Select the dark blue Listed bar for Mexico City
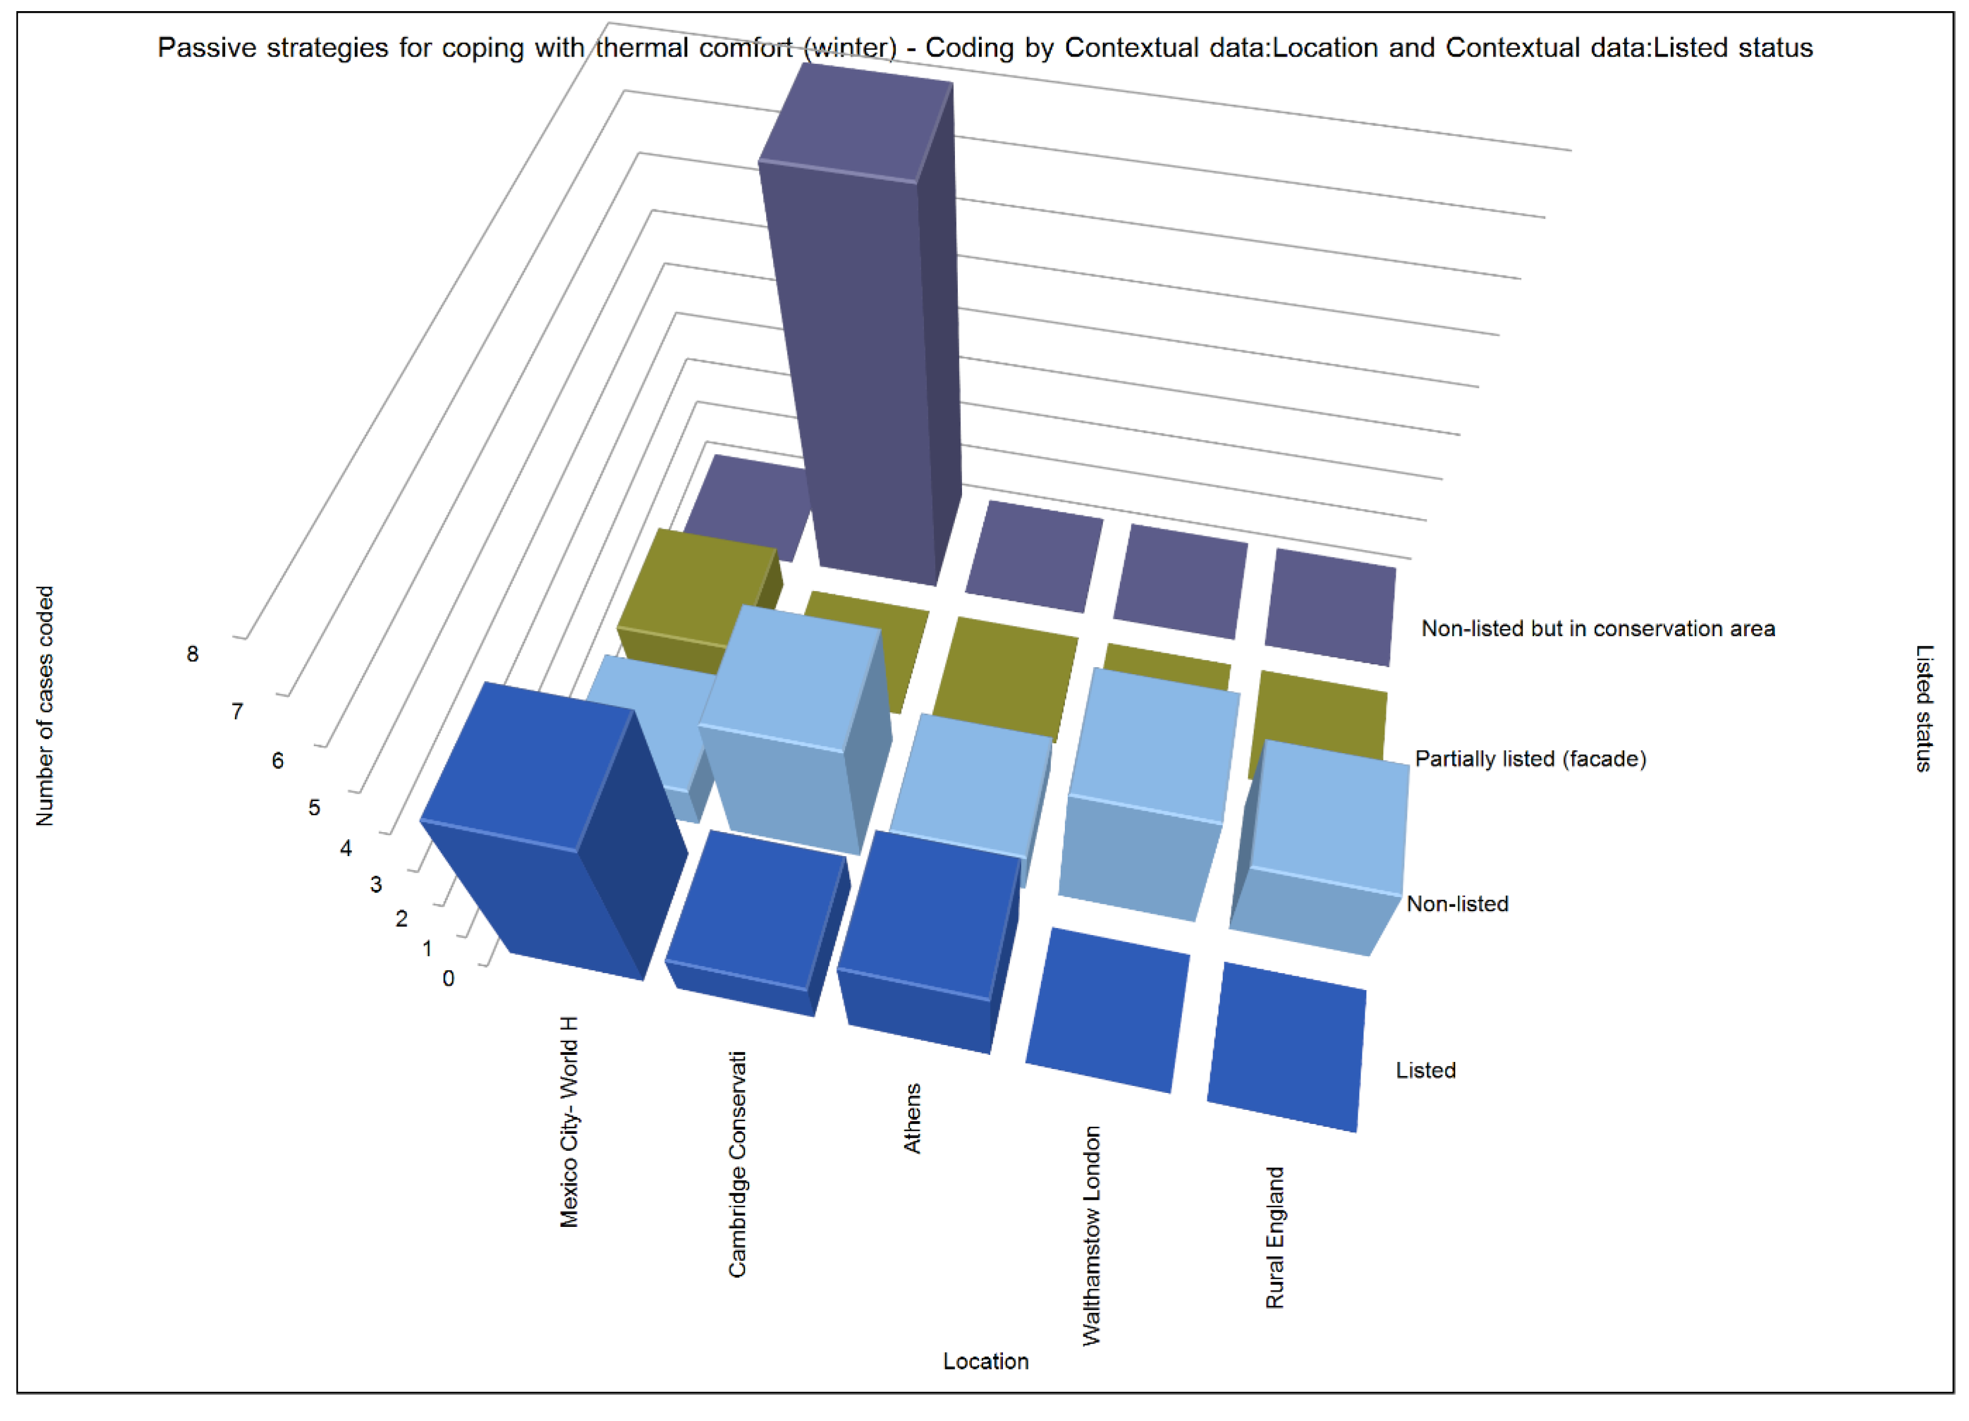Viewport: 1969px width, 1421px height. (x=547, y=834)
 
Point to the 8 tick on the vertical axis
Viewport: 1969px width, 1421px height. (x=193, y=654)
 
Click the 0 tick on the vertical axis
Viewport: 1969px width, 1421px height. (x=448, y=979)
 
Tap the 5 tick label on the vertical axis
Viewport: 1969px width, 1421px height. (x=314, y=808)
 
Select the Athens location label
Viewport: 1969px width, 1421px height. (x=912, y=1119)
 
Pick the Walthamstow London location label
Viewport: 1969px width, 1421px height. (x=1091, y=1236)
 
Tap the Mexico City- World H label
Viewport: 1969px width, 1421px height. (x=569, y=1122)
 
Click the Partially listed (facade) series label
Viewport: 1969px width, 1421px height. (x=1529, y=759)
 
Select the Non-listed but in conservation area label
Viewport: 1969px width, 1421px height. (x=1597, y=629)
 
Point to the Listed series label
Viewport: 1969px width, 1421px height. (x=1425, y=1070)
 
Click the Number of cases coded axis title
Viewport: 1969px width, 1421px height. (x=45, y=705)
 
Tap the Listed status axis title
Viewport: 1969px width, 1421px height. (x=1925, y=708)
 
